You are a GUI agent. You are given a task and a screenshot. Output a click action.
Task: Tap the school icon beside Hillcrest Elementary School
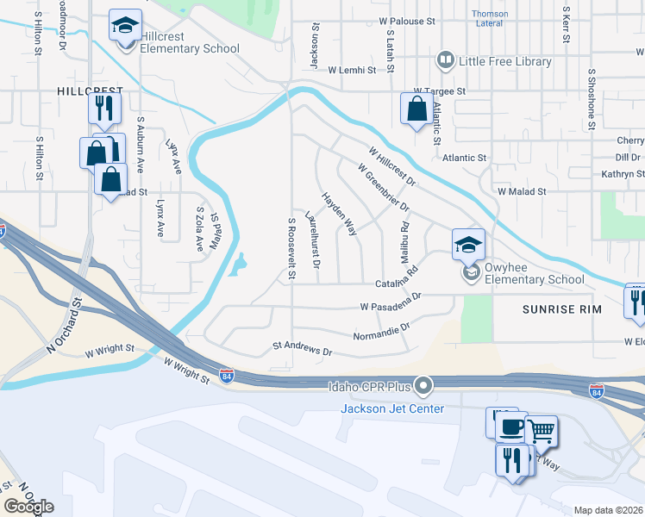(125, 25)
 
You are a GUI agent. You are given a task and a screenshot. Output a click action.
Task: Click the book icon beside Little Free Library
(446, 60)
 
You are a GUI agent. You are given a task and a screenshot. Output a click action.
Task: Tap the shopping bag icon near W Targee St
(416, 109)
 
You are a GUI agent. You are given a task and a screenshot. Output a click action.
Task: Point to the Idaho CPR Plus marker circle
(423, 386)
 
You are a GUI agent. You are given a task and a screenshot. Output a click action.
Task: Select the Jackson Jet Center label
(392, 408)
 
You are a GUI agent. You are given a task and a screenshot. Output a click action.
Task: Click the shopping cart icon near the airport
(541, 430)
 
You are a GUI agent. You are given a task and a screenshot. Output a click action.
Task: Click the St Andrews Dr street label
(302, 351)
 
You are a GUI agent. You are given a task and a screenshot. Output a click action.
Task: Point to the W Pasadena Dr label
(391, 302)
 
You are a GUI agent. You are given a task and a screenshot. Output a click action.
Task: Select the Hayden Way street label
(340, 214)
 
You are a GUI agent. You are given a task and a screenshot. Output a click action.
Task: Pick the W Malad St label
(523, 191)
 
